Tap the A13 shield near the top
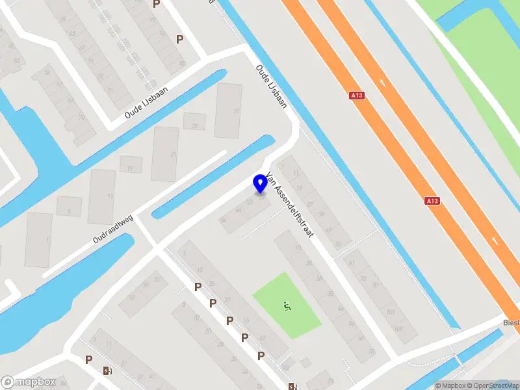tap(356, 96)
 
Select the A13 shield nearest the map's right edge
tap(432, 201)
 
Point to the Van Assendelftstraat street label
tap(290, 203)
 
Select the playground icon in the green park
tap(287, 304)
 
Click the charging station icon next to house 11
tap(107, 371)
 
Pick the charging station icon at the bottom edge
tap(292, 386)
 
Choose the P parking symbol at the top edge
tap(156, 5)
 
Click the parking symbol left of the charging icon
tap(89, 359)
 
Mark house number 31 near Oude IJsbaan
tap(237, 111)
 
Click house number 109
tap(397, 330)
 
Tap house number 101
tap(390, 311)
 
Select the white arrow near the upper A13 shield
tap(382, 84)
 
